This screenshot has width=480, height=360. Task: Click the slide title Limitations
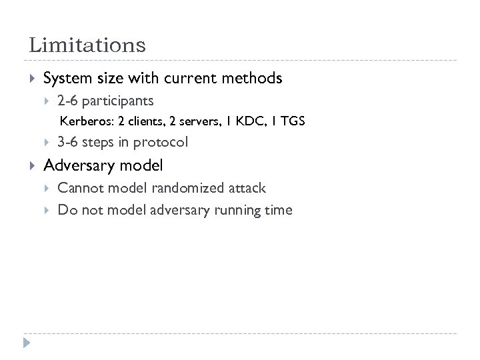[87, 45]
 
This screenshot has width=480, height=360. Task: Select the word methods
[251, 79]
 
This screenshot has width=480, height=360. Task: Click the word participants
[119, 101]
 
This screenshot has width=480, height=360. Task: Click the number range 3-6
[67, 142]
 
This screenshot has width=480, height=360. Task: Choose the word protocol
[161, 142]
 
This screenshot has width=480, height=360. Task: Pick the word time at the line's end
[279, 210]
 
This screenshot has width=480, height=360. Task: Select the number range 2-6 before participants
[67, 101]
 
